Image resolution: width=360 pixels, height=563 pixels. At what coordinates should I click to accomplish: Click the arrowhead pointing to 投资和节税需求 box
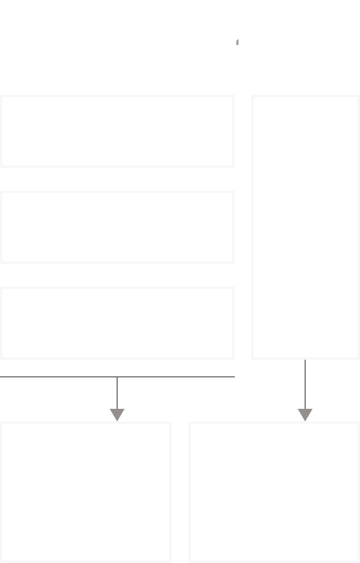click(117, 415)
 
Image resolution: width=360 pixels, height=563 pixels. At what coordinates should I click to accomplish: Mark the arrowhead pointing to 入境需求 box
click(305, 415)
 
